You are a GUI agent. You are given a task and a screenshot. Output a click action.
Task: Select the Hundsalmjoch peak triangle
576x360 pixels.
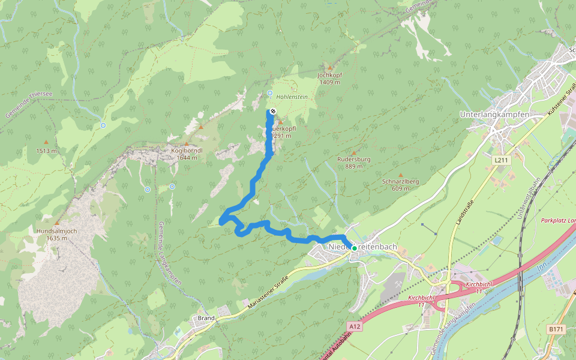point(57,223)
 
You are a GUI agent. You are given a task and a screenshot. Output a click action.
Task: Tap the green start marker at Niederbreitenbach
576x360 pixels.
point(354,248)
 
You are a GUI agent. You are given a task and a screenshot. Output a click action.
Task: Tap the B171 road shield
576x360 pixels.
point(556,329)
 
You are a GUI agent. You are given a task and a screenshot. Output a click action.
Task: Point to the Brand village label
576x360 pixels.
point(206,318)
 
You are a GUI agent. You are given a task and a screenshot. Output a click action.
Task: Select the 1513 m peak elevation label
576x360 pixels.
point(46,151)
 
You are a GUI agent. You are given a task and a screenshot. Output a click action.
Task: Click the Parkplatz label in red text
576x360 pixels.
point(557,221)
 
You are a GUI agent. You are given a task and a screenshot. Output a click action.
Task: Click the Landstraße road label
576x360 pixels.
point(461,213)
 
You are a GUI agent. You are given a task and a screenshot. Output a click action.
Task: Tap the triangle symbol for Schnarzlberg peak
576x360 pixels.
point(400,175)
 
